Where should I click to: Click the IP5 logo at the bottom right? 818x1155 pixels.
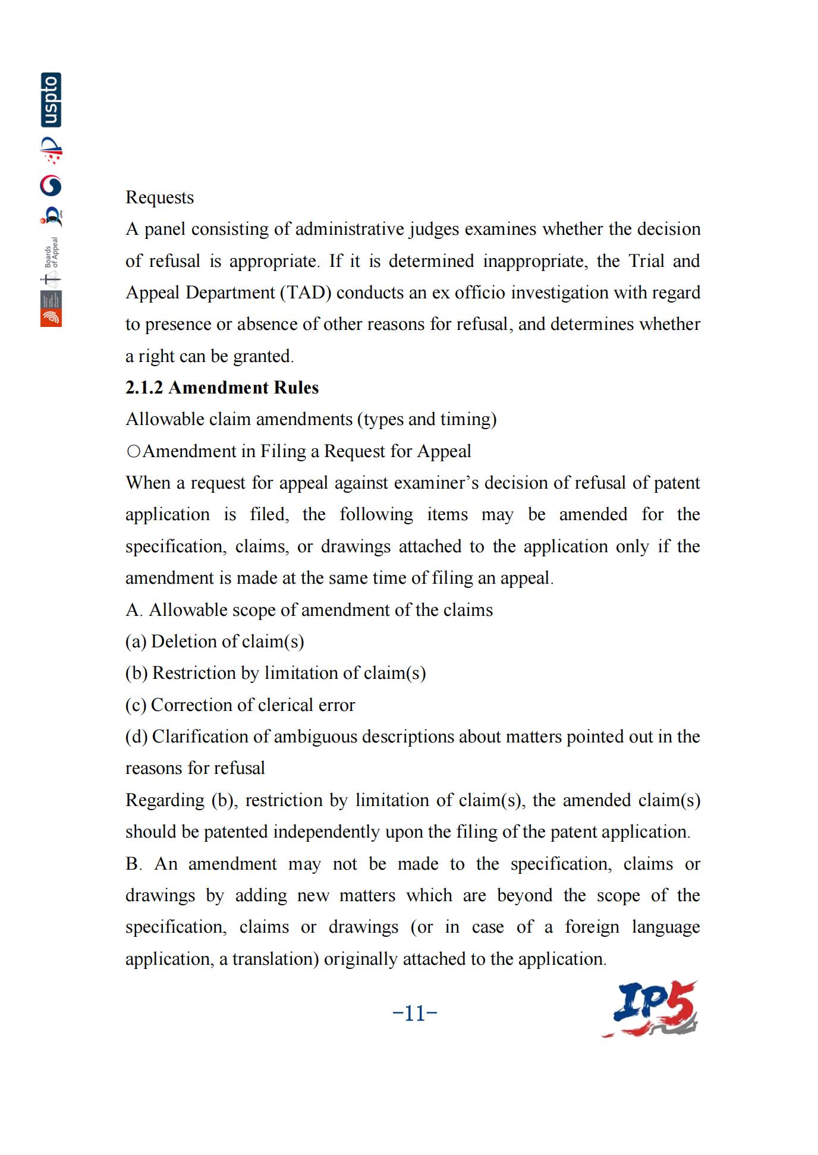coord(650,1011)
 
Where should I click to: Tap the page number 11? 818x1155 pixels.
coord(415,1013)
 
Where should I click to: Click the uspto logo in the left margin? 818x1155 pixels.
coord(51,100)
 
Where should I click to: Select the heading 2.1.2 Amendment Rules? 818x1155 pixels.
coord(222,388)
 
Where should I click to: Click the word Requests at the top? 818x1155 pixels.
coord(159,197)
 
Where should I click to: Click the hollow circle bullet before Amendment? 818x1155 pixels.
coord(134,451)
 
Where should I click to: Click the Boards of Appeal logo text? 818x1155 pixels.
coord(52,252)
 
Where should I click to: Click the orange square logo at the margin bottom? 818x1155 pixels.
coord(51,317)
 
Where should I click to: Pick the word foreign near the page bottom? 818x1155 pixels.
coord(592,927)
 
